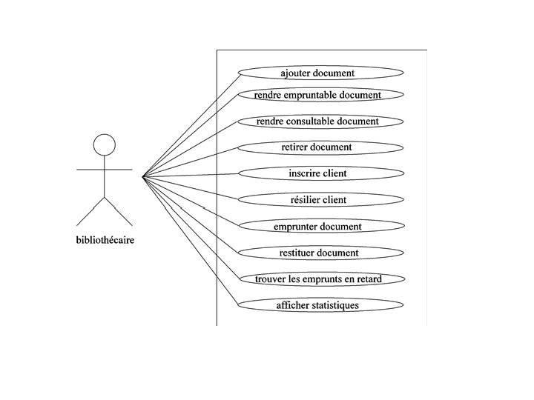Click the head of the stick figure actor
[x=105, y=143]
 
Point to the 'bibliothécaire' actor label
[x=105, y=240]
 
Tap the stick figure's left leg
[x=90, y=211]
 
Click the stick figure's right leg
[x=119, y=211]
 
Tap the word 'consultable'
[x=322, y=121]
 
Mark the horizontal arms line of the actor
[x=105, y=170]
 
